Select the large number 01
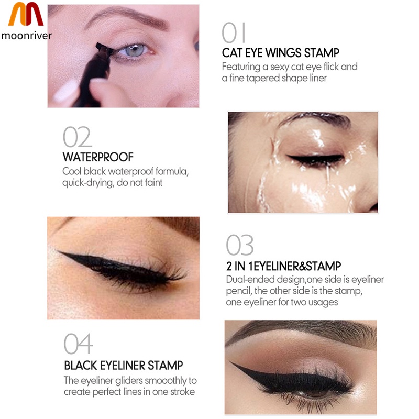click(234, 33)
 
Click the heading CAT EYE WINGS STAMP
click(281, 53)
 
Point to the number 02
click(77, 137)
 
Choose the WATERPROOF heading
click(98, 157)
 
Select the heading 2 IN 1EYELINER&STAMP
click(284, 266)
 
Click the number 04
click(78, 344)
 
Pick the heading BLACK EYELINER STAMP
click(124, 365)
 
